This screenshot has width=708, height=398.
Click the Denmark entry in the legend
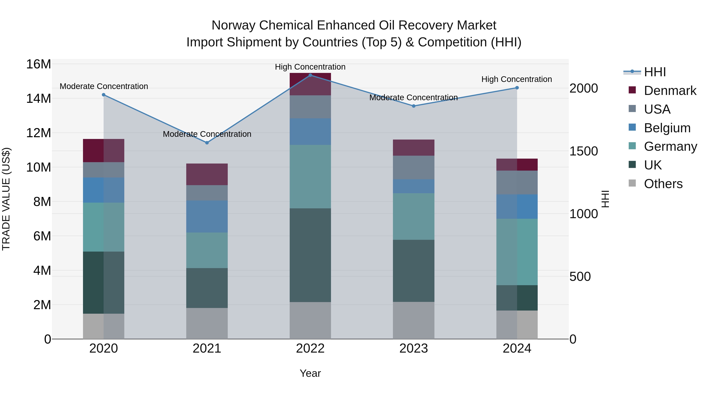(670, 91)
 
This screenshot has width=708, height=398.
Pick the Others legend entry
(663, 184)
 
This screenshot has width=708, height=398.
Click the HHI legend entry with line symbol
(655, 72)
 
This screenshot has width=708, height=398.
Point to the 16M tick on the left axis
(39, 64)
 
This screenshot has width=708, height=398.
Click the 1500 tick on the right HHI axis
(583, 151)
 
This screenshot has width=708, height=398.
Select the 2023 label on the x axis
(413, 348)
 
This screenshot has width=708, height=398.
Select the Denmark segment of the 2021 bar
(207, 174)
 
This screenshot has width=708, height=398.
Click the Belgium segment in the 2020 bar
(104, 190)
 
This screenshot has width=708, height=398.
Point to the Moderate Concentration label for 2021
(207, 134)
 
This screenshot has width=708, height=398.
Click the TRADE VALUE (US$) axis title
(6, 199)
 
